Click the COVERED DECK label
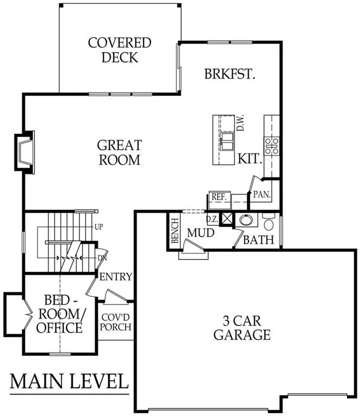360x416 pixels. [120, 50]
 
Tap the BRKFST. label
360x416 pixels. [230, 74]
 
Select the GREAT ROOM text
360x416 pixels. [120, 152]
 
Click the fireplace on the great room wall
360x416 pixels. [25, 152]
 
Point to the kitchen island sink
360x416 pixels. [227, 142]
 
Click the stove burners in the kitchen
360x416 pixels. [271, 146]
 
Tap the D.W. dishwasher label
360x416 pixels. [240, 122]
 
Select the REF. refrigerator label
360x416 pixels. [219, 197]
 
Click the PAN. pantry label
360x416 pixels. [262, 194]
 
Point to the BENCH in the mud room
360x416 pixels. [175, 231]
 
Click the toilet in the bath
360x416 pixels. [269, 222]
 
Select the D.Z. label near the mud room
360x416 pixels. [212, 219]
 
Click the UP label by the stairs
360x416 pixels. [99, 227]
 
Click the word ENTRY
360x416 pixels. [116, 277]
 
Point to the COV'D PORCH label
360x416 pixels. [116, 322]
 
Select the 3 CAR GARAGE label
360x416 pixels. [242, 328]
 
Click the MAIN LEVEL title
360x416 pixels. [69, 381]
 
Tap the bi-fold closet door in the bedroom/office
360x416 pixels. [28, 315]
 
